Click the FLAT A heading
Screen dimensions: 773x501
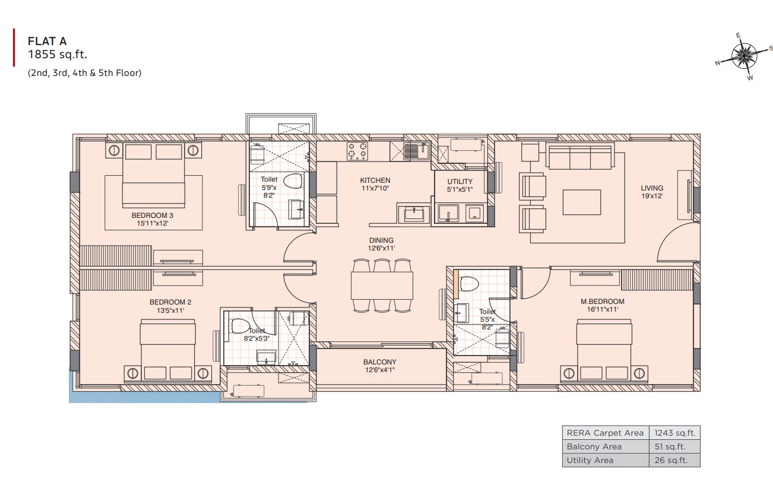(47, 41)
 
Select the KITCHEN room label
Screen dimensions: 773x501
(375, 180)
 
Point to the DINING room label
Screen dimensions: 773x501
(381, 240)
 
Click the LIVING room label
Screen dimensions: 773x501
(652, 188)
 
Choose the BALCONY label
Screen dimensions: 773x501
(379, 362)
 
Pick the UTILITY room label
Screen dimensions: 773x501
(460, 182)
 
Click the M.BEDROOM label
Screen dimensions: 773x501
(603, 302)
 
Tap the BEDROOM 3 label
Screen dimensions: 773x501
(152, 215)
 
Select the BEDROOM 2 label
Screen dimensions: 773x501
(170, 302)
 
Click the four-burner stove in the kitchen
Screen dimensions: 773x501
(357, 151)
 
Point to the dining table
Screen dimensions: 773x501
(382, 286)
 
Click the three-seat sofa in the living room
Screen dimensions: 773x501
(580, 157)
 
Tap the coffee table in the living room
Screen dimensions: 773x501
(582, 202)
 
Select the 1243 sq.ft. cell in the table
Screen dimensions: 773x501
(674, 433)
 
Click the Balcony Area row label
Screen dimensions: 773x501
(594, 446)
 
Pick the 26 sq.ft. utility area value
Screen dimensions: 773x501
(671, 460)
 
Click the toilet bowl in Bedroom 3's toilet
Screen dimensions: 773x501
(293, 181)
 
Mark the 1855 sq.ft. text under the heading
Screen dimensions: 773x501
(58, 55)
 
